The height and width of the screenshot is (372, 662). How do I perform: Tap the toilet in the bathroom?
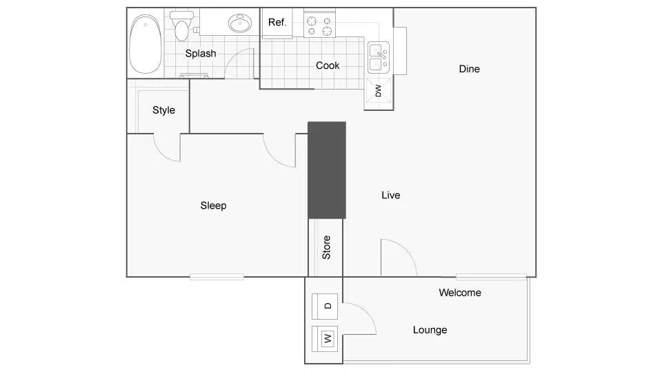182,27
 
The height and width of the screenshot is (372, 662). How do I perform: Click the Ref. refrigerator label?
277,22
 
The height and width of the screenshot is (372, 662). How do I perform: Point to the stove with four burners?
318,26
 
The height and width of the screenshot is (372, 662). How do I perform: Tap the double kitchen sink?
378,58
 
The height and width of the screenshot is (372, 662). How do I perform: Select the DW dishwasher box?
378,90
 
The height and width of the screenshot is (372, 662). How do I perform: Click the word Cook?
328,65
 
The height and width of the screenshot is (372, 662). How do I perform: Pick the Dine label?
469,69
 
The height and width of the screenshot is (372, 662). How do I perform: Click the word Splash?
201,53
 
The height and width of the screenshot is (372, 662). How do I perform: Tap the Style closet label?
163,110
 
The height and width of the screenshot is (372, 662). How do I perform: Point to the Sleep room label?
213,205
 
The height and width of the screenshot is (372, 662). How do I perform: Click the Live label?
390,195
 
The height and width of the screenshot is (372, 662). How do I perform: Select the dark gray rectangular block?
326,170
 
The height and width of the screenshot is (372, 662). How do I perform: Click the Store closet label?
326,247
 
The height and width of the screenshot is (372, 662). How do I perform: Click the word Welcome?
460,293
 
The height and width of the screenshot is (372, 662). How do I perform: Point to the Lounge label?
430,330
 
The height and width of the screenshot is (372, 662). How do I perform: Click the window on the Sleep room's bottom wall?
217,277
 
